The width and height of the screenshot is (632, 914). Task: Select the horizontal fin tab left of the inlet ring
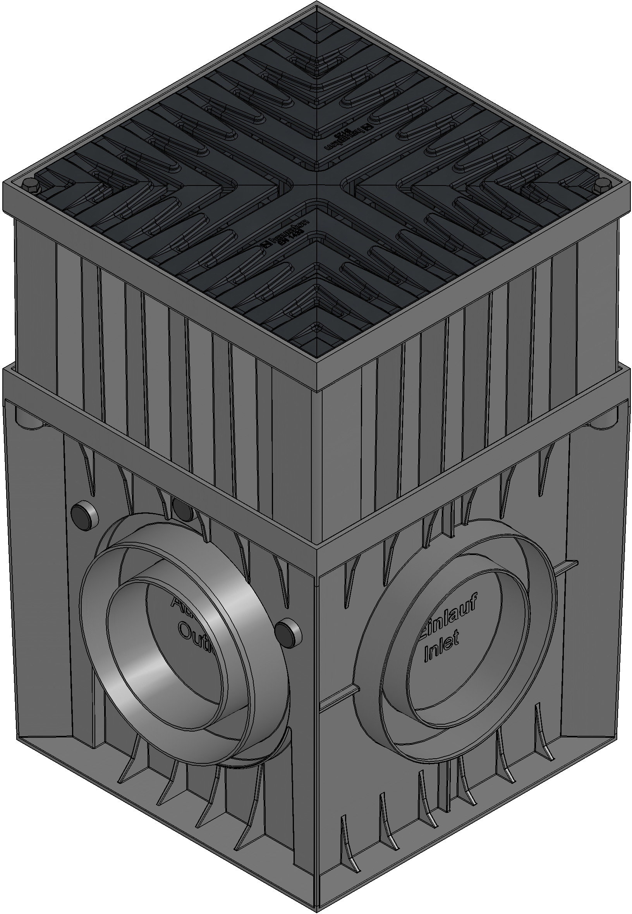tap(337, 699)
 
